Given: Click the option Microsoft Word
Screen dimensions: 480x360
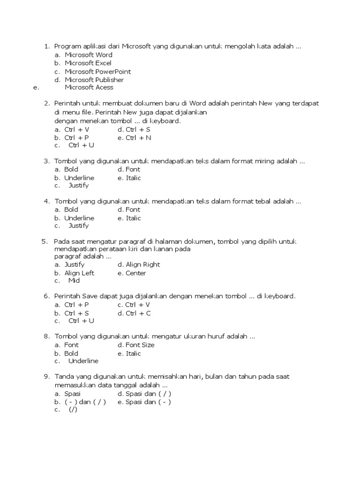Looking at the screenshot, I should click(88, 55).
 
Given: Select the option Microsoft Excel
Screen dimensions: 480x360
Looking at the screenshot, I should click(88, 63).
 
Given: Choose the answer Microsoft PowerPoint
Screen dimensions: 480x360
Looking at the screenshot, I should click(97, 72).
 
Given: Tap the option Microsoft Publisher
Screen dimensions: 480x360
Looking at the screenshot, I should click(94, 80).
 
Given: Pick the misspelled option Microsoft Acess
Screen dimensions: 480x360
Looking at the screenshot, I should click(89, 87).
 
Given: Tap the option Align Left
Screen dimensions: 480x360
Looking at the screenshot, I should click(79, 273).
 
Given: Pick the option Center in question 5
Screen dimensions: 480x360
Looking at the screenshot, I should click(135, 273).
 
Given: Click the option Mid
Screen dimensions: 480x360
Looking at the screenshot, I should click(74, 281).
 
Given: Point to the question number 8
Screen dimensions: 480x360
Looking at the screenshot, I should click(46, 337).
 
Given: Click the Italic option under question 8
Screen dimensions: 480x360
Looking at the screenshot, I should click(133, 353).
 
